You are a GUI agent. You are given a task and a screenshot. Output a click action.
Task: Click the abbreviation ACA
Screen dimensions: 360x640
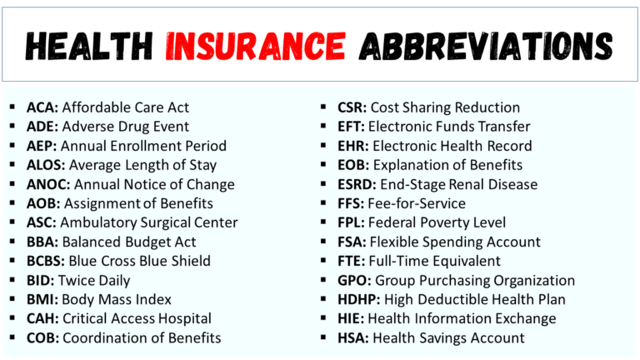[41, 107]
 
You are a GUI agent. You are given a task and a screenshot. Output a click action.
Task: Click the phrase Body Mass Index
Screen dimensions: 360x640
[117, 299]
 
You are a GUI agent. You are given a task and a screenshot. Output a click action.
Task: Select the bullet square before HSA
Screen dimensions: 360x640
[324, 337]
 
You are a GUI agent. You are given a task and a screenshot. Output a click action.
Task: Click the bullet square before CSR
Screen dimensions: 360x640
[324, 107]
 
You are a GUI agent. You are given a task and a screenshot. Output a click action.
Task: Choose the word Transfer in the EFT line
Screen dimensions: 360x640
[501, 127]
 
